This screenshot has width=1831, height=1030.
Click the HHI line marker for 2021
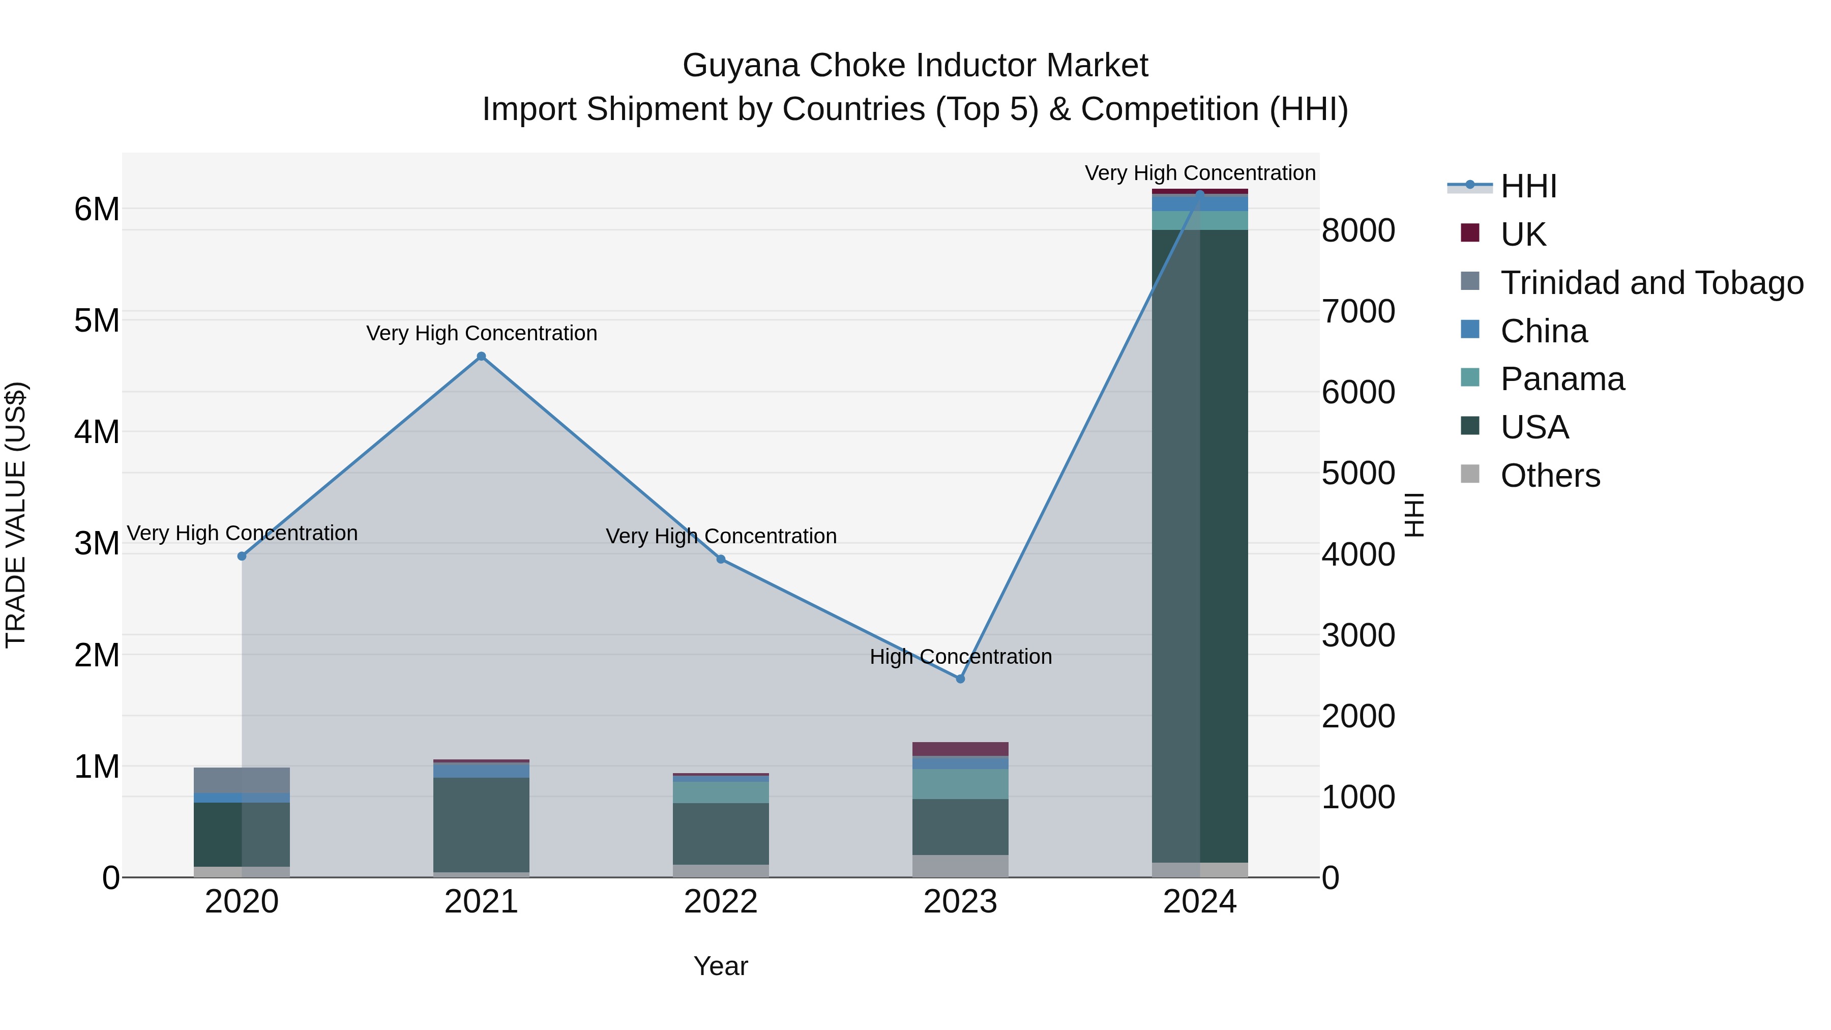click(481, 356)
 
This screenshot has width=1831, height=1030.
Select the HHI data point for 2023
click(960, 679)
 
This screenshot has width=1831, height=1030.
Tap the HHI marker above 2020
click(242, 556)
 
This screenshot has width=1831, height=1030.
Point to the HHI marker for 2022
click(721, 560)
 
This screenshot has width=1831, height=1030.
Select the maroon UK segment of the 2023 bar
click(960, 749)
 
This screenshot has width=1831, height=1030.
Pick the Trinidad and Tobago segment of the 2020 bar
click(242, 780)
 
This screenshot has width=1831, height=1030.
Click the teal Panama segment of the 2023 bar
click(960, 784)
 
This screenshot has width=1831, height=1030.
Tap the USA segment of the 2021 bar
click(481, 825)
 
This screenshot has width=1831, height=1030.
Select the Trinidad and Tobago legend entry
click(1651, 283)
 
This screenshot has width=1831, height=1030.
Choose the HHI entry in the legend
click(1528, 186)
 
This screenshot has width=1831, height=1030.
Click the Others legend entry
click(1550, 476)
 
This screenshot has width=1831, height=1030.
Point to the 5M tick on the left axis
click(97, 320)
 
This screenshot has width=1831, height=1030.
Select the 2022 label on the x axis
click(721, 902)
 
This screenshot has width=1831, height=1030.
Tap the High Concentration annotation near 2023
click(960, 657)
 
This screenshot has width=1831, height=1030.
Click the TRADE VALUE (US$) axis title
click(16, 515)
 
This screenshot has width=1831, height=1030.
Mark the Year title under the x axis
click(721, 966)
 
